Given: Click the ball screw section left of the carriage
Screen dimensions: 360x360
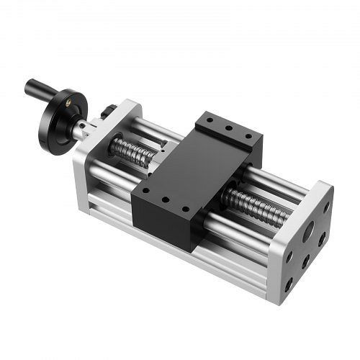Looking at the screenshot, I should click(132, 151).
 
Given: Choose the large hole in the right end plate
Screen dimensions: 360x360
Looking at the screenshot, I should click(308, 233).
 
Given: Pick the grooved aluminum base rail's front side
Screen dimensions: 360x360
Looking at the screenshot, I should click(180, 252).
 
